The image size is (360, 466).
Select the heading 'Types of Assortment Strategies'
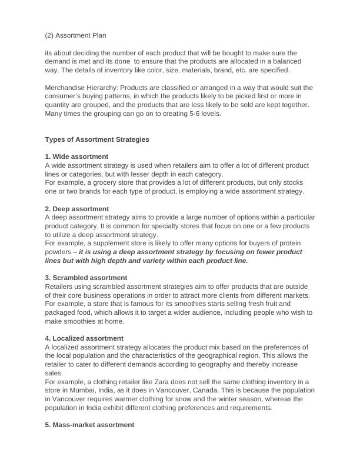pyautogui.click(x=97, y=139)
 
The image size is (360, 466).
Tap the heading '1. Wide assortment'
pyautogui.click(x=76, y=157)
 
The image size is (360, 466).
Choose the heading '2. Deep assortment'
pyautogui.click(x=76, y=209)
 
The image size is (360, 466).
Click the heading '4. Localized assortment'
pyautogui.click(x=84, y=338)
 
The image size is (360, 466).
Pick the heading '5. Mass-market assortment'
pyautogui.click(x=89, y=425)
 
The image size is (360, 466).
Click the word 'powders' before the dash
pyautogui.click(x=59, y=252)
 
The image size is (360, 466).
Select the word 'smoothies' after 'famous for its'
pyautogui.click(x=150, y=304)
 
